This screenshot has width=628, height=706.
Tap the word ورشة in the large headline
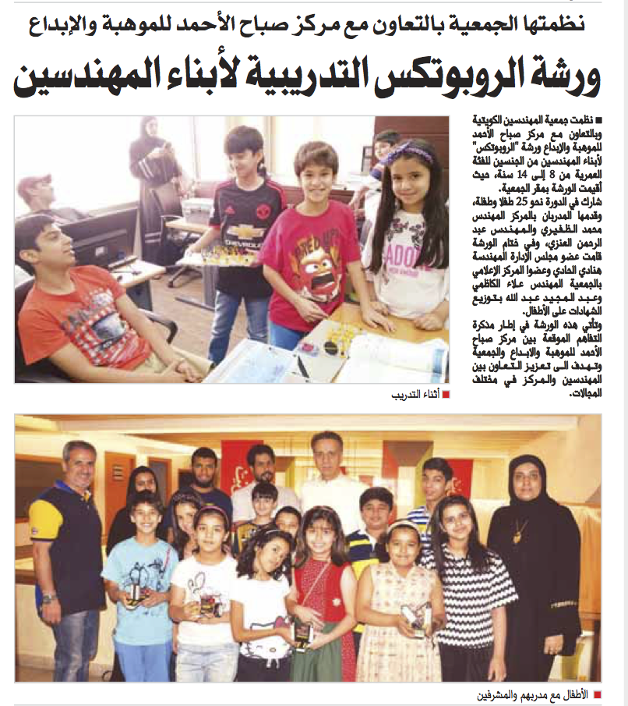565,76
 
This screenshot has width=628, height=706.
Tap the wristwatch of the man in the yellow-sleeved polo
49,598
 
